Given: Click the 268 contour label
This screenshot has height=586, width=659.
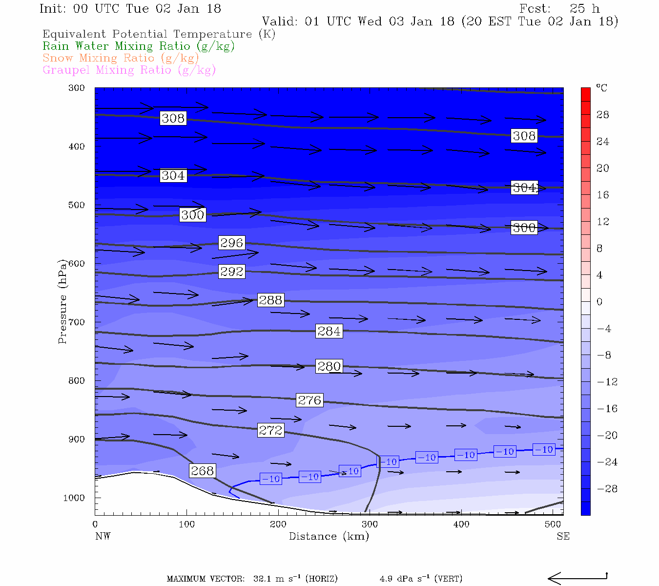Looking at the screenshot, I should [202, 471].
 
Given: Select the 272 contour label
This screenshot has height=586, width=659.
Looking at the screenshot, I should [270, 430].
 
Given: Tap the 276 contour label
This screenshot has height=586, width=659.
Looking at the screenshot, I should [309, 400].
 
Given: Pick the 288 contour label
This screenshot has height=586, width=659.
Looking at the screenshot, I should [270, 300].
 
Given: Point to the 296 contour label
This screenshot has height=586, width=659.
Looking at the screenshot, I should [231, 243].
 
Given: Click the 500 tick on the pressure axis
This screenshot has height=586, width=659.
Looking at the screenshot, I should [77, 205].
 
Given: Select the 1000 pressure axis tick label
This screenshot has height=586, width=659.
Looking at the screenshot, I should [74, 498].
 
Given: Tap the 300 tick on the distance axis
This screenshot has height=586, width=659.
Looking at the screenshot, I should [370, 524].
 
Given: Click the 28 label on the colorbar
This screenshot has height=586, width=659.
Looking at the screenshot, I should [603, 115].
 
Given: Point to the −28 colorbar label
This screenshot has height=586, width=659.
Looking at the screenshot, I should [607, 489].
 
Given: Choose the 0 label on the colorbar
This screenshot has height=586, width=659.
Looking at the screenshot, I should [599, 302].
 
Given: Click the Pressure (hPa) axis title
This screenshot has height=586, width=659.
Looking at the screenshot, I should [62, 301].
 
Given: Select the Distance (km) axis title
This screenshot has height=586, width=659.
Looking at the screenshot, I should [329, 536].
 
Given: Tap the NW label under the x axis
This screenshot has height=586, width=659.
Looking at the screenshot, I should [103, 536].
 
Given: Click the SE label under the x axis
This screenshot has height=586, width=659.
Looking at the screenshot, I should [563, 536].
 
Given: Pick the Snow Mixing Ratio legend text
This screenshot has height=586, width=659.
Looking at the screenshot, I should [121, 58].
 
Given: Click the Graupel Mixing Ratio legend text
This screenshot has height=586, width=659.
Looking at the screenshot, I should [129, 70].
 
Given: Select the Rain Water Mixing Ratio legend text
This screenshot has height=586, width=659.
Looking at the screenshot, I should [139, 46].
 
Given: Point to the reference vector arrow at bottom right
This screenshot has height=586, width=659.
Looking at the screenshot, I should [577, 578].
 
